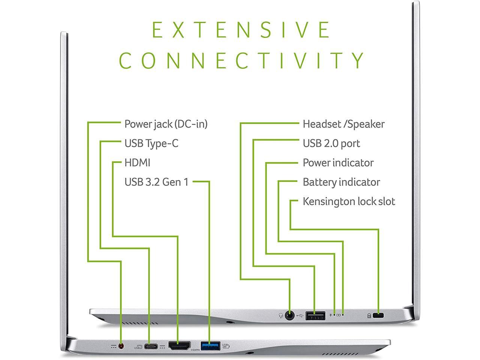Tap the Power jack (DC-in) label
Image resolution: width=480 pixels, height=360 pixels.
pos(166,124)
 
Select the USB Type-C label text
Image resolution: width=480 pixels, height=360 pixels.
pos(151,143)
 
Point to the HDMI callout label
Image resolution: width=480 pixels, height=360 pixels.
pos(137,163)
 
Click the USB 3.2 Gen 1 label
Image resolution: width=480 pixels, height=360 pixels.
pos(156,182)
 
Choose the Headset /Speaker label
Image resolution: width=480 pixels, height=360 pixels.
pos(343,124)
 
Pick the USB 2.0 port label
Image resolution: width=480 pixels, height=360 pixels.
pos(331,143)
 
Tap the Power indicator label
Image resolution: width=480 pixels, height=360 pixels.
pos(338,163)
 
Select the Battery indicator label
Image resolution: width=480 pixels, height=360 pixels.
pos(341,182)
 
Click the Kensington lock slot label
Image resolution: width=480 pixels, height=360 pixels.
pos(349,202)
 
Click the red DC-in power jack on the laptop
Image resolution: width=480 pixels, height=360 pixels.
pos(121,346)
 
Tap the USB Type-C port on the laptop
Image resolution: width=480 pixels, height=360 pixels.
pos(150,346)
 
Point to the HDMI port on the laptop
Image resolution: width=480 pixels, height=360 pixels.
pos(179,345)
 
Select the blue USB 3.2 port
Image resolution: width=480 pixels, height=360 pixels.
pos(211,345)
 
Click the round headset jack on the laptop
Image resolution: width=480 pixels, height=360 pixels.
pos(289,315)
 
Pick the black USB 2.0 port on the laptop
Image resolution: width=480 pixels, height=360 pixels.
pos(315,315)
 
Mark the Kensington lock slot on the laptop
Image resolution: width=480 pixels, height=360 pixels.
pos(379,315)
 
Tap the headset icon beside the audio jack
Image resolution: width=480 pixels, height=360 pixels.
pos(280,316)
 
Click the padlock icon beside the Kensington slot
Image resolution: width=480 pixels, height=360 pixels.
pos(369,316)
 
